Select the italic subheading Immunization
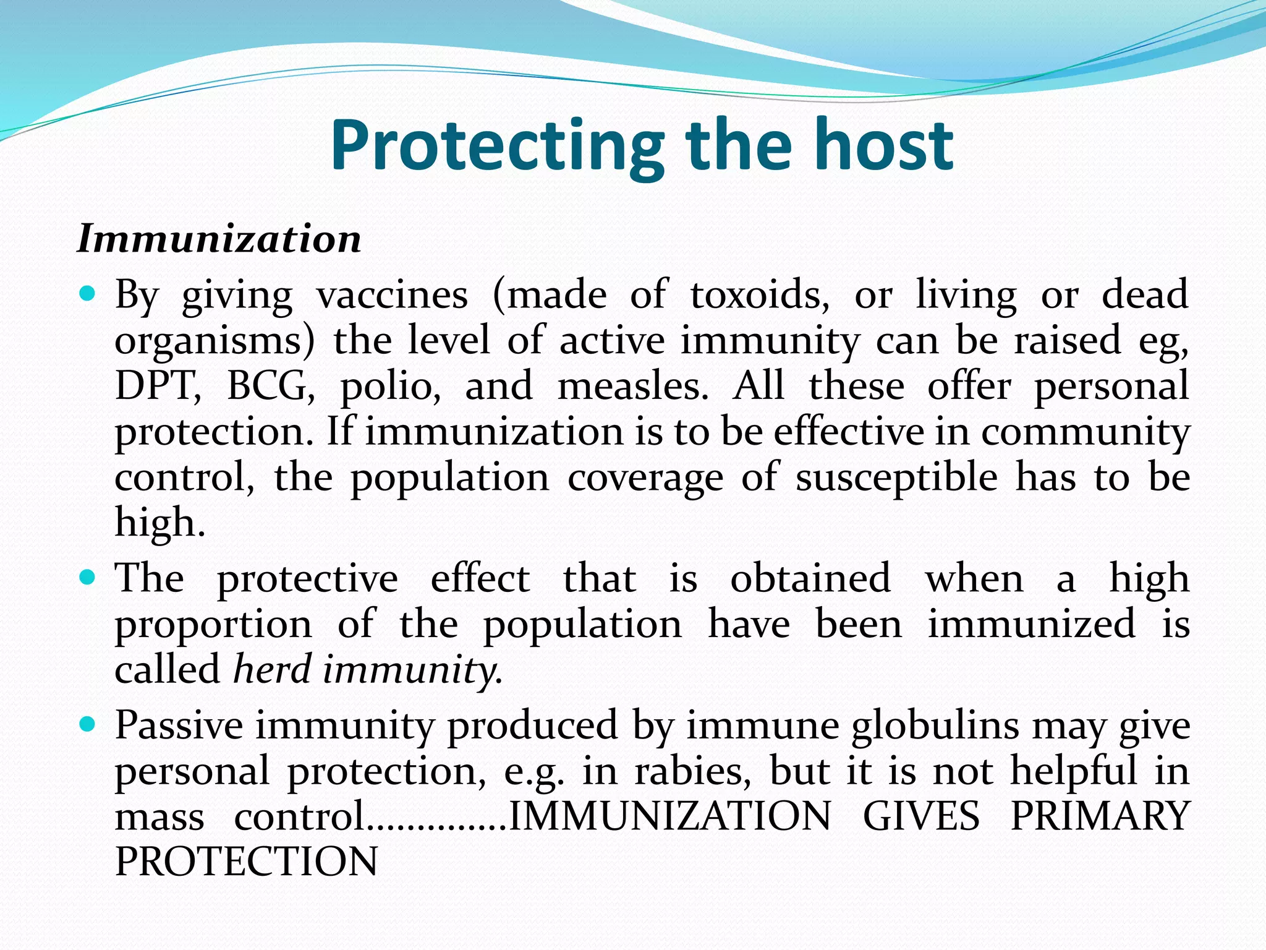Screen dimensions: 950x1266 pyautogui.click(x=219, y=239)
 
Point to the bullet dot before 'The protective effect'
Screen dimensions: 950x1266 pyautogui.click(x=88, y=578)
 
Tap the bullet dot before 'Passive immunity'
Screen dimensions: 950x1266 pyautogui.click(x=88, y=724)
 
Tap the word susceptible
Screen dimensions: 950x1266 pyautogui.click(x=896, y=477)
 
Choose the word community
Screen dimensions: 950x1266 pyautogui.click(x=1085, y=432)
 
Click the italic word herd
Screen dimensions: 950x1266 pyautogui.click(x=272, y=669)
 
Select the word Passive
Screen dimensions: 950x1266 pyautogui.click(x=179, y=725)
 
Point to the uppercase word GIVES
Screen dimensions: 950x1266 pyautogui.click(x=921, y=816)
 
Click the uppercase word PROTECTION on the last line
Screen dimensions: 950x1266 pyautogui.click(x=246, y=862)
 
